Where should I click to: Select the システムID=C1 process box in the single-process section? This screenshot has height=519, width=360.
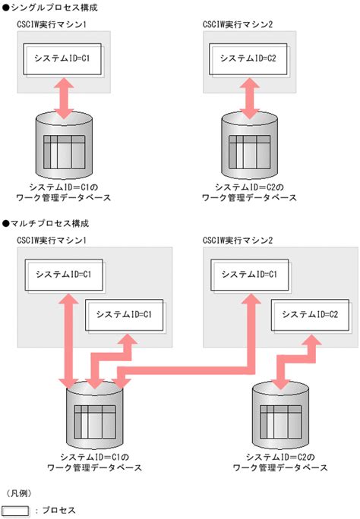pyautogui.click(x=64, y=58)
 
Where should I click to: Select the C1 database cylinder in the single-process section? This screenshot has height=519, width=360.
pyautogui.click(x=64, y=148)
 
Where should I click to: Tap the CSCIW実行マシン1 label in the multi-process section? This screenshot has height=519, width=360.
pyautogui.click(x=52, y=241)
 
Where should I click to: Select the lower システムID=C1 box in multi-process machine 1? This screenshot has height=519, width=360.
pyautogui.click(x=126, y=314)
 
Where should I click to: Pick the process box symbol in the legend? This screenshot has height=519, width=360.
pyautogui.click(x=17, y=511)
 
